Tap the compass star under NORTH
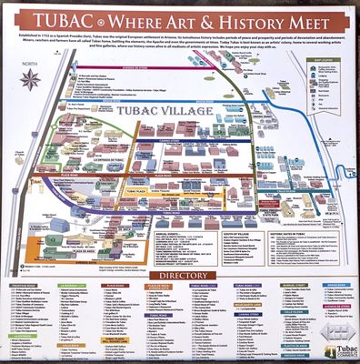click(28, 79)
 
